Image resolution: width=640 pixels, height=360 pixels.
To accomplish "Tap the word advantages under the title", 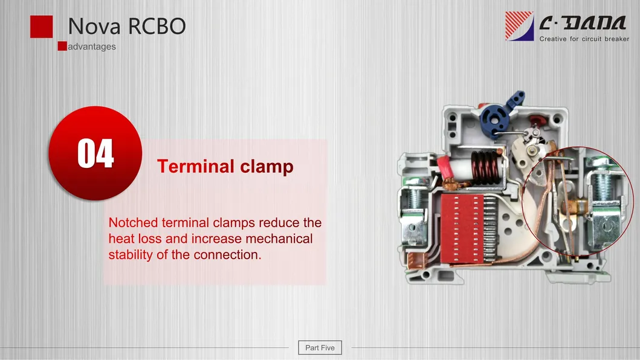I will tap(91, 47).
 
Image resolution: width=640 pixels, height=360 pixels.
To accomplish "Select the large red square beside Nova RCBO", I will tap(42, 27).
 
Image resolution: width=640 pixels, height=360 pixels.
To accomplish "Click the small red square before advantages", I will tap(62, 47).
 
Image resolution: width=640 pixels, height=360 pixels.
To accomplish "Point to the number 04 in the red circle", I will tap(95, 153).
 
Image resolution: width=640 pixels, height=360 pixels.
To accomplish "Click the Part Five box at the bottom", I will tap(320, 347).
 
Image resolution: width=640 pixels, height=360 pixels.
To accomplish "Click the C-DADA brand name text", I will tap(582, 24).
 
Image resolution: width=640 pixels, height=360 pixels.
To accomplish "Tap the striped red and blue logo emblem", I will tap(519, 26).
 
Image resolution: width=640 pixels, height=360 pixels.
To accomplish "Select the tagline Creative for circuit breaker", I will tap(584, 39).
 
